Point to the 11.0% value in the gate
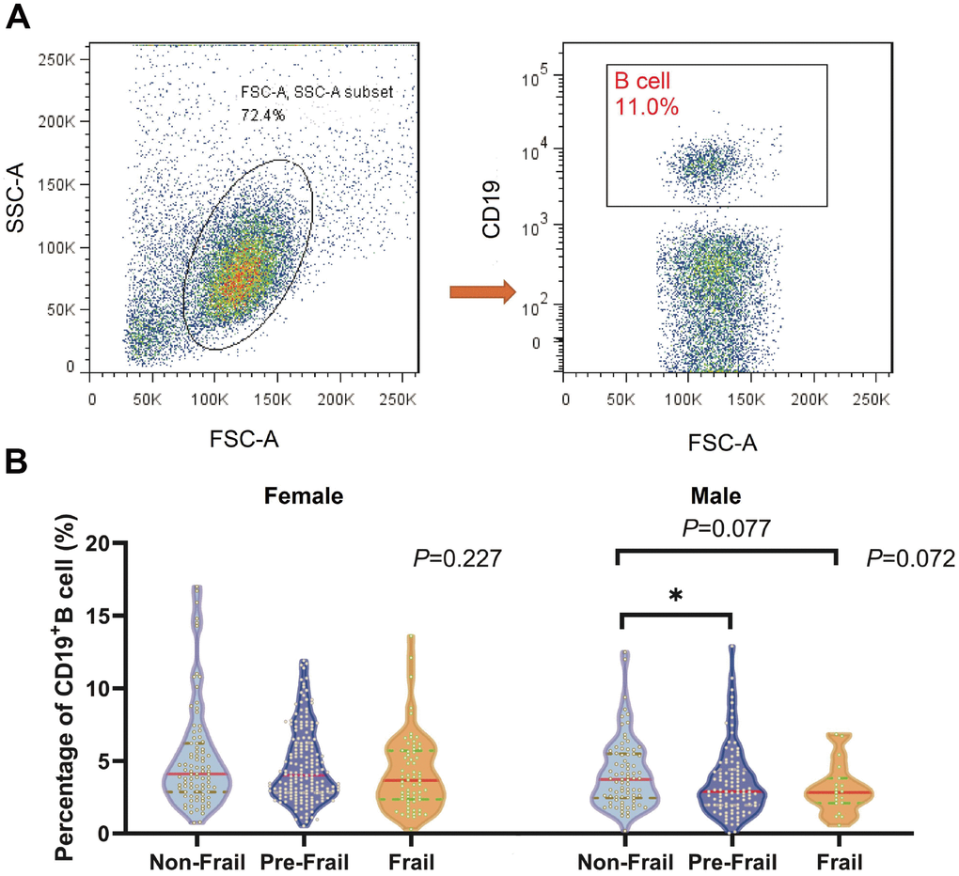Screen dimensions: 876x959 click(x=647, y=106)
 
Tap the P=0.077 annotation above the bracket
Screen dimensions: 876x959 click(x=727, y=530)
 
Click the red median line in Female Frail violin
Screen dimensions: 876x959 click(x=409, y=780)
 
